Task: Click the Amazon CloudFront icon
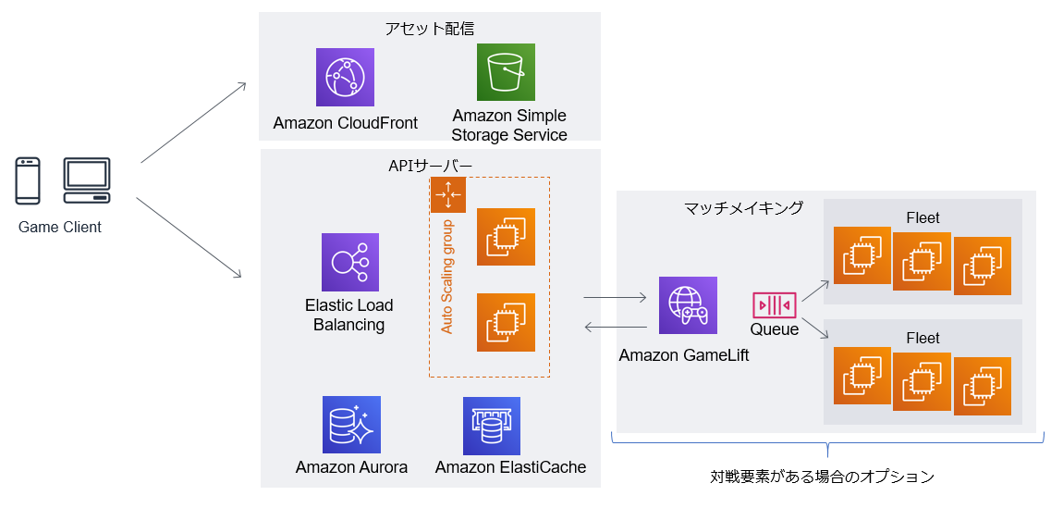click(345, 77)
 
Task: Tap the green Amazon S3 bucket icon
click(506, 72)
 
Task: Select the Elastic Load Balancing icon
click(350, 262)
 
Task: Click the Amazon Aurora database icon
click(351, 425)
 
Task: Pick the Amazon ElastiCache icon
click(492, 426)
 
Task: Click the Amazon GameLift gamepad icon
click(688, 304)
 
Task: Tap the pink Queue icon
click(774, 304)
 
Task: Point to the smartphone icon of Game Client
click(29, 180)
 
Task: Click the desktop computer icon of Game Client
click(87, 180)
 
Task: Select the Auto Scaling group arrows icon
click(448, 194)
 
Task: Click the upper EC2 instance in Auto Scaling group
click(506, 237)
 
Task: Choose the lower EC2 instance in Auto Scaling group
click(506, 322)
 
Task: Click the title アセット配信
click(430, 28)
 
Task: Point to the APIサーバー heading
click(430, 166)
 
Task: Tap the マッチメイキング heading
click(743, 208)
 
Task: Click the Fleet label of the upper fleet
click(923, 217)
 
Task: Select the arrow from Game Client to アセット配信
click(193, 122)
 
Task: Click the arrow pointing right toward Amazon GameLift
click(614, 298)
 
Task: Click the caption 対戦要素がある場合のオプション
click(822, 477)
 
